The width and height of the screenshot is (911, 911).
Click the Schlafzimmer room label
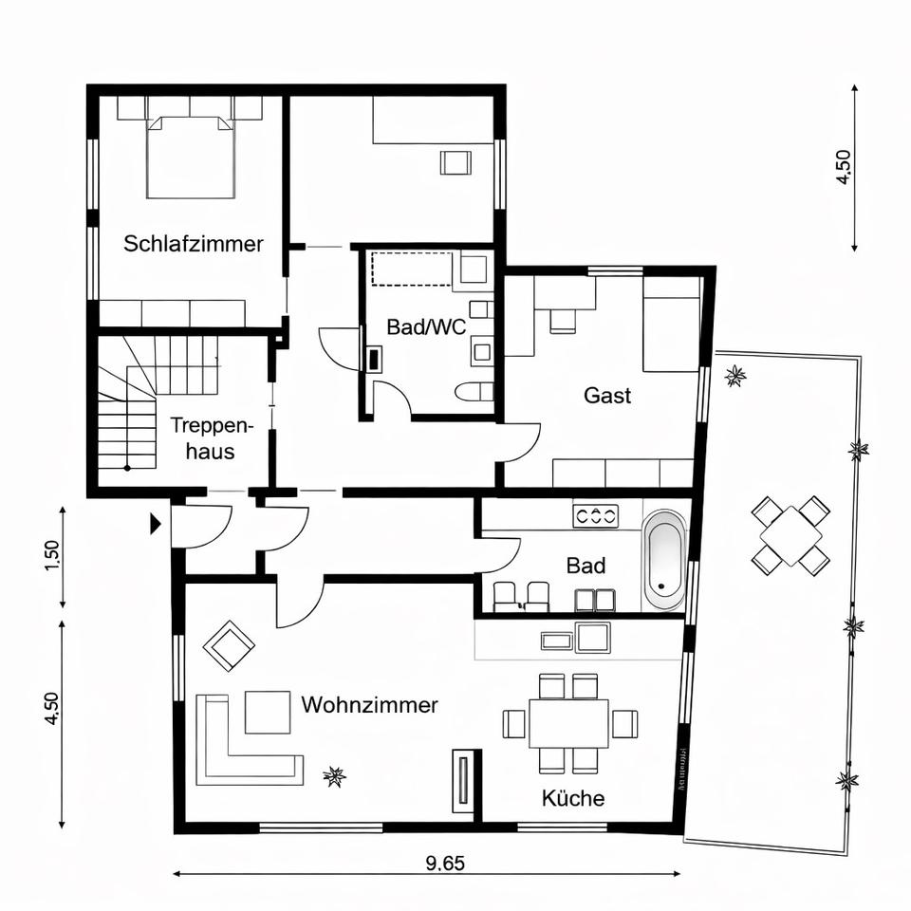click(x=194, y=244)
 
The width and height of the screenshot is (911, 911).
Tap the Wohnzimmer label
click(x=369, y=705)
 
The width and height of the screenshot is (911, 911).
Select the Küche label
click(x=573, y=798)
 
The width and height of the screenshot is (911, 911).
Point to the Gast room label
click(x=607, y=395)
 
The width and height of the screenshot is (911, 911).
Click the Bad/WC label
click(x=426, y=327)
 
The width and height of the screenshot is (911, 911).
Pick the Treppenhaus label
click(x=203, y=438)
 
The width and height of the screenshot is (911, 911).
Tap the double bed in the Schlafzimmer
click(x=190, y=157)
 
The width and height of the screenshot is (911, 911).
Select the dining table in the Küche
click(x=569, y=723)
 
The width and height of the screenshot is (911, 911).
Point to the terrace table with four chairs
click(x=790, y=536)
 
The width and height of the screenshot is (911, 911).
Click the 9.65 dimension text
click(x=445, y=864)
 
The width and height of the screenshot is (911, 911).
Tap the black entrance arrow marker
click(x=155, y=522)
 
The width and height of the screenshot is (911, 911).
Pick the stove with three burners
click(x=595, y=516)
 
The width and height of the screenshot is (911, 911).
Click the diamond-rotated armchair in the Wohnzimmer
click(x=229, y=645)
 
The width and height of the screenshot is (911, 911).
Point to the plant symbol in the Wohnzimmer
click(x=334, y=777)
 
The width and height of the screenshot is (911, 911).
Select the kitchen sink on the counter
click(x=591, y=637)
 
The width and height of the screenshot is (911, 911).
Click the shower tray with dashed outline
click(x=410, y=269)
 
